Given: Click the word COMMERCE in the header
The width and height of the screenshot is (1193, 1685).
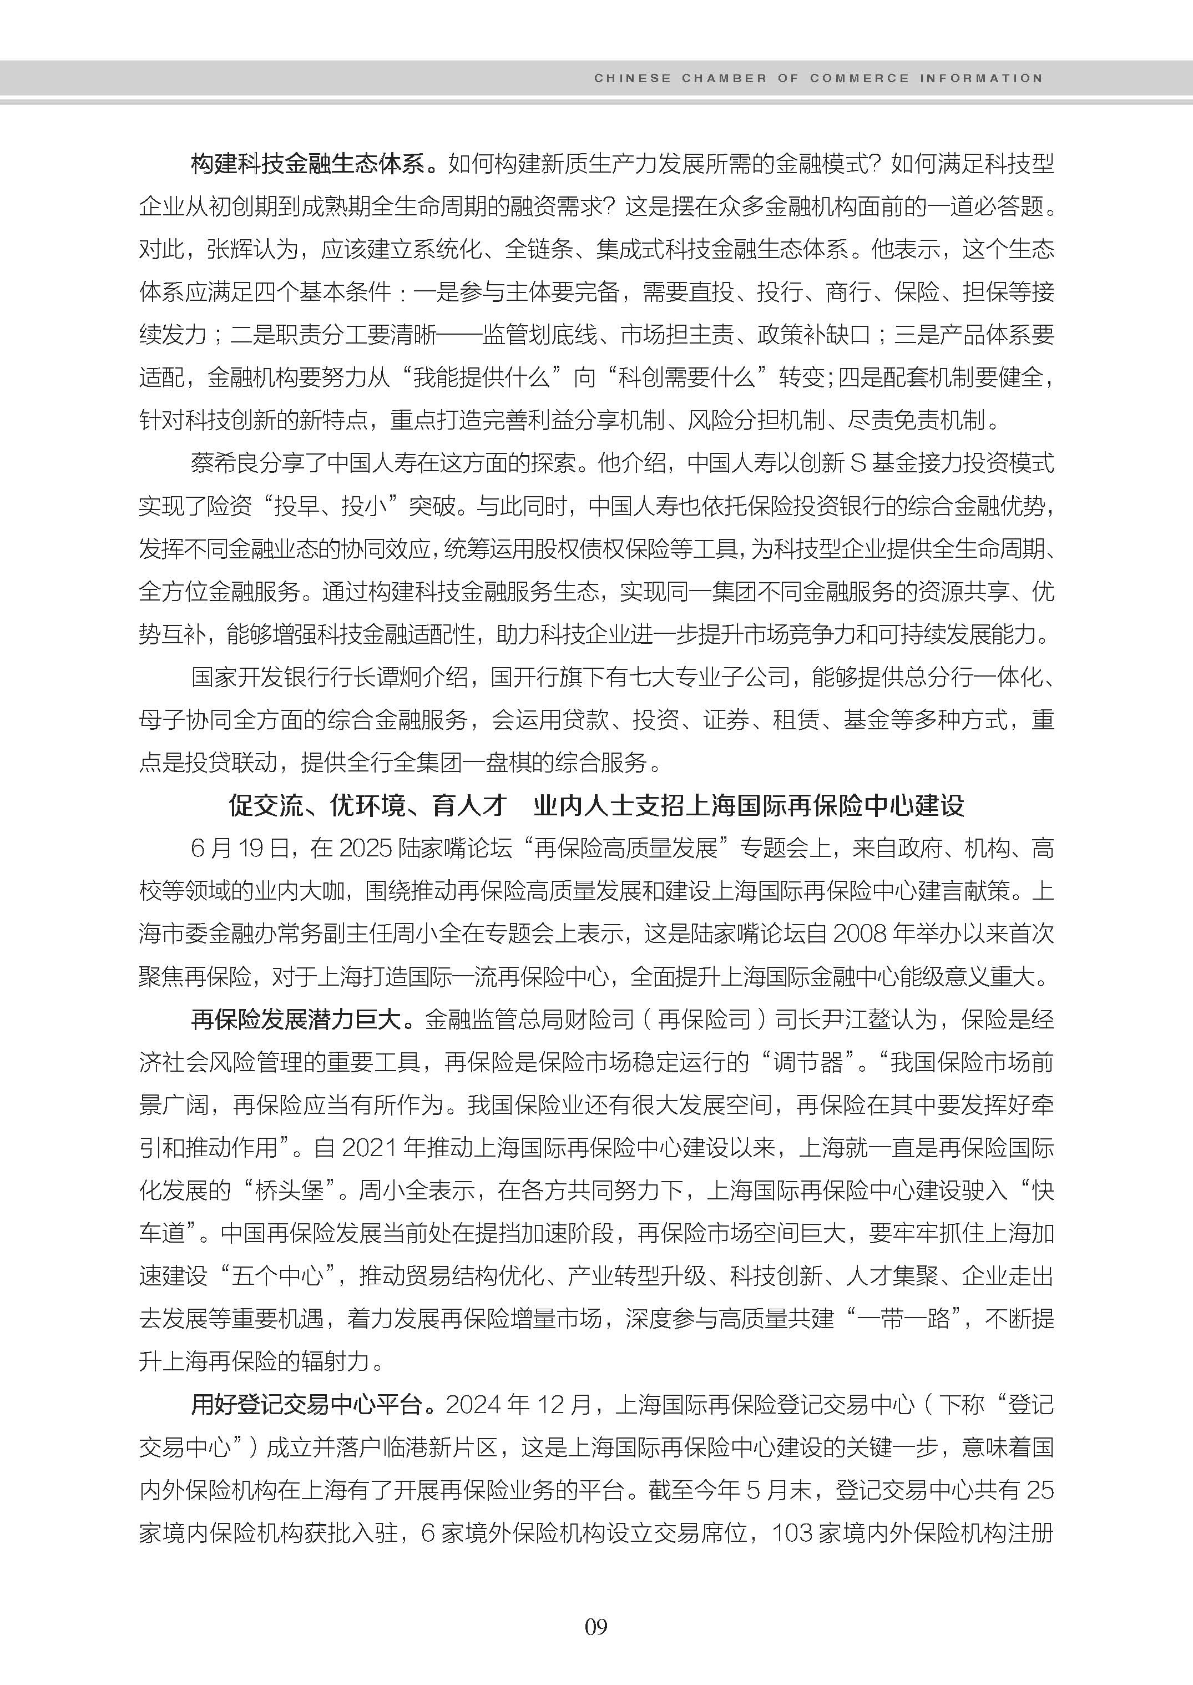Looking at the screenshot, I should click(859, 78).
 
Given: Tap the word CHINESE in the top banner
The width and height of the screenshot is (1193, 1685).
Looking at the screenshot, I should click(632, 78).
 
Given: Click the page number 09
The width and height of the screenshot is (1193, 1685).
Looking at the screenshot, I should click(596, 1626).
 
